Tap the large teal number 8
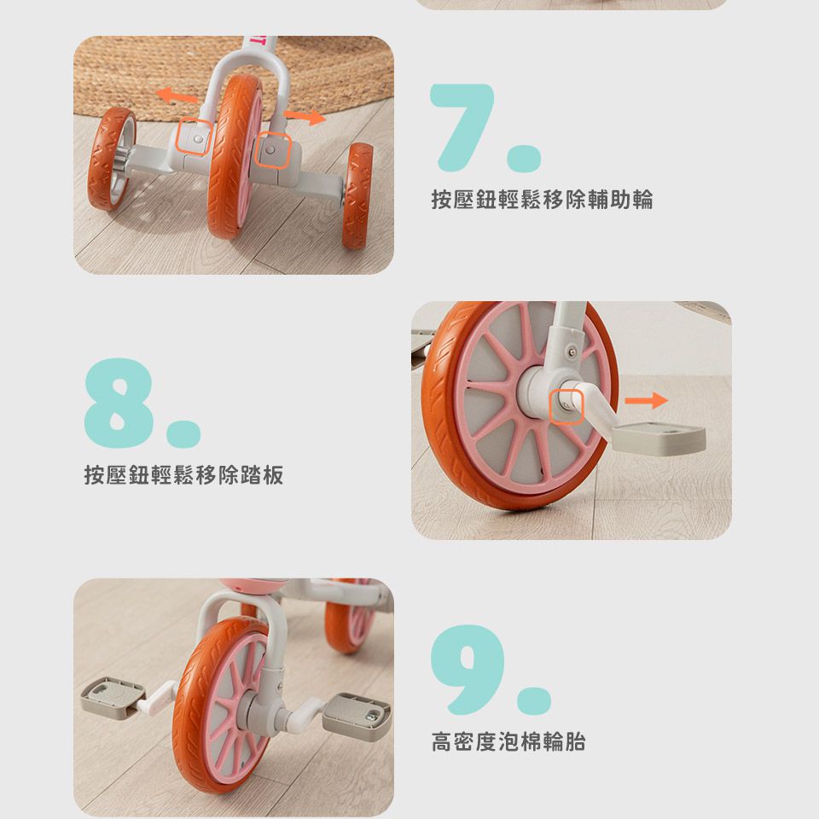tap(119, 403)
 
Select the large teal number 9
tap(468, 669)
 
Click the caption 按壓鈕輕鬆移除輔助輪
tap(542, 200)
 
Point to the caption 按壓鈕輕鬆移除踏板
tap(184, 475)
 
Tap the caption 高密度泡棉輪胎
tap(508, 741)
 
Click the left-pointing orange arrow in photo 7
tap(176, 96)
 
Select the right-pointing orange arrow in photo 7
tap(305, 117)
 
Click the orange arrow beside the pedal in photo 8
tap(646, 401)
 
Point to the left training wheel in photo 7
tap(111, 159)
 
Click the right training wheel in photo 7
tap(357, 196)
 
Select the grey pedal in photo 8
tap(659, 438)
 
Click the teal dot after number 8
tap(184, 433)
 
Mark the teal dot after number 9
tap(534, 700)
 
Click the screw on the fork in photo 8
tap(572, 352)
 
